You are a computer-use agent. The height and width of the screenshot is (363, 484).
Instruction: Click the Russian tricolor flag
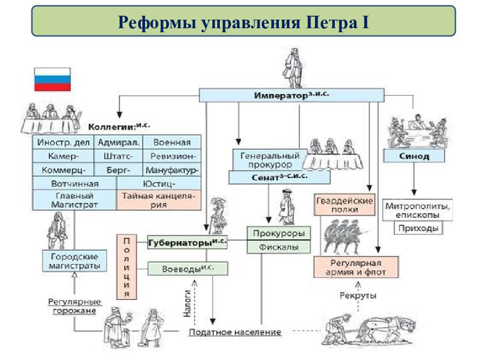[52, 79]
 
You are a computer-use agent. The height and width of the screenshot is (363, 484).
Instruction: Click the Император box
[291, 95]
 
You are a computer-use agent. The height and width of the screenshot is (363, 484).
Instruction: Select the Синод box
[414, 156]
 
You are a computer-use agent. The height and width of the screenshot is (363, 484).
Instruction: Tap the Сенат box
[279, 177]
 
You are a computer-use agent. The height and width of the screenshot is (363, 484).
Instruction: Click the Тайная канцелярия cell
[159, 200]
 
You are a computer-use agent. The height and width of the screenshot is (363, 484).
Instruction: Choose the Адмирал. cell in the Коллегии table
[118, 142]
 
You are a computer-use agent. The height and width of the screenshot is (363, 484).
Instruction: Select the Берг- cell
[118, 170]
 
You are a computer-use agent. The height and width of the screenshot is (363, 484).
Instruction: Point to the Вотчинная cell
[75, 184]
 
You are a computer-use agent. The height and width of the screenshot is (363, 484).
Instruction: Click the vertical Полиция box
[127, 267]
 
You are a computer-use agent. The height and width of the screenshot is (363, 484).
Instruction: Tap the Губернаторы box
[188, 242]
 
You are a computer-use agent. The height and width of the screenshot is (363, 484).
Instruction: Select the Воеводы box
[188, 269]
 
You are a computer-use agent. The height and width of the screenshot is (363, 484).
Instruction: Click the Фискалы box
[278, 247]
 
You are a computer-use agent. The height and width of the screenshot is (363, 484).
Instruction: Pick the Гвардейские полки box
[344, 204]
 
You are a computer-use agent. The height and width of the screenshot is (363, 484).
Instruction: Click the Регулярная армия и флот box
[356, 267]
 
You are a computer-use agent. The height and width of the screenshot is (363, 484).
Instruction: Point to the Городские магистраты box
[75, 261]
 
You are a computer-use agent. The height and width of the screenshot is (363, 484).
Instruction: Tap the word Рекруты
[358, 295]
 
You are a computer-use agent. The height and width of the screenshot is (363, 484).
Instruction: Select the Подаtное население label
[235, 332]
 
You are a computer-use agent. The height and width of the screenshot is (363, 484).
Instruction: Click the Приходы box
[418, 228]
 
